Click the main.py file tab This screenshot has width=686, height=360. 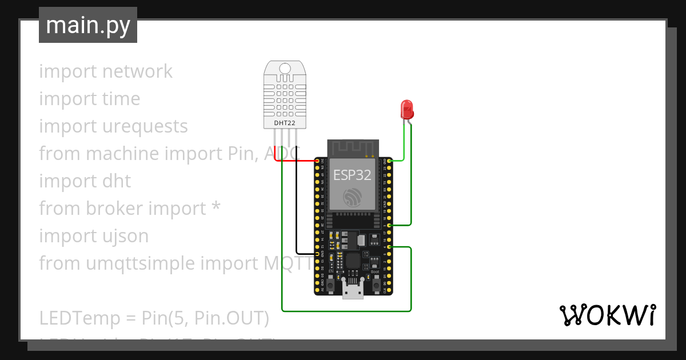(x=87, y=25)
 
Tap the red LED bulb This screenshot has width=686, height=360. (x=407, y=108)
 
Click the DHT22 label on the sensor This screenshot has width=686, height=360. (x=284, y=122)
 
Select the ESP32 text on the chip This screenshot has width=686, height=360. (x=352, y=175)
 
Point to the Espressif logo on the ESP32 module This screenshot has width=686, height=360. (x=352, y=198)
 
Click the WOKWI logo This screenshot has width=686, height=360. (x=607, y=315)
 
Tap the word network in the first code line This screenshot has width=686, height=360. (x=137, y=71)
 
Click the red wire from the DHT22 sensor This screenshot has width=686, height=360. (x=294, y=161)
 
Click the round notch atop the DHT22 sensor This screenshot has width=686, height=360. (x=284, y=69)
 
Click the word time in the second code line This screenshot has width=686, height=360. (x=121, y=99)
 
